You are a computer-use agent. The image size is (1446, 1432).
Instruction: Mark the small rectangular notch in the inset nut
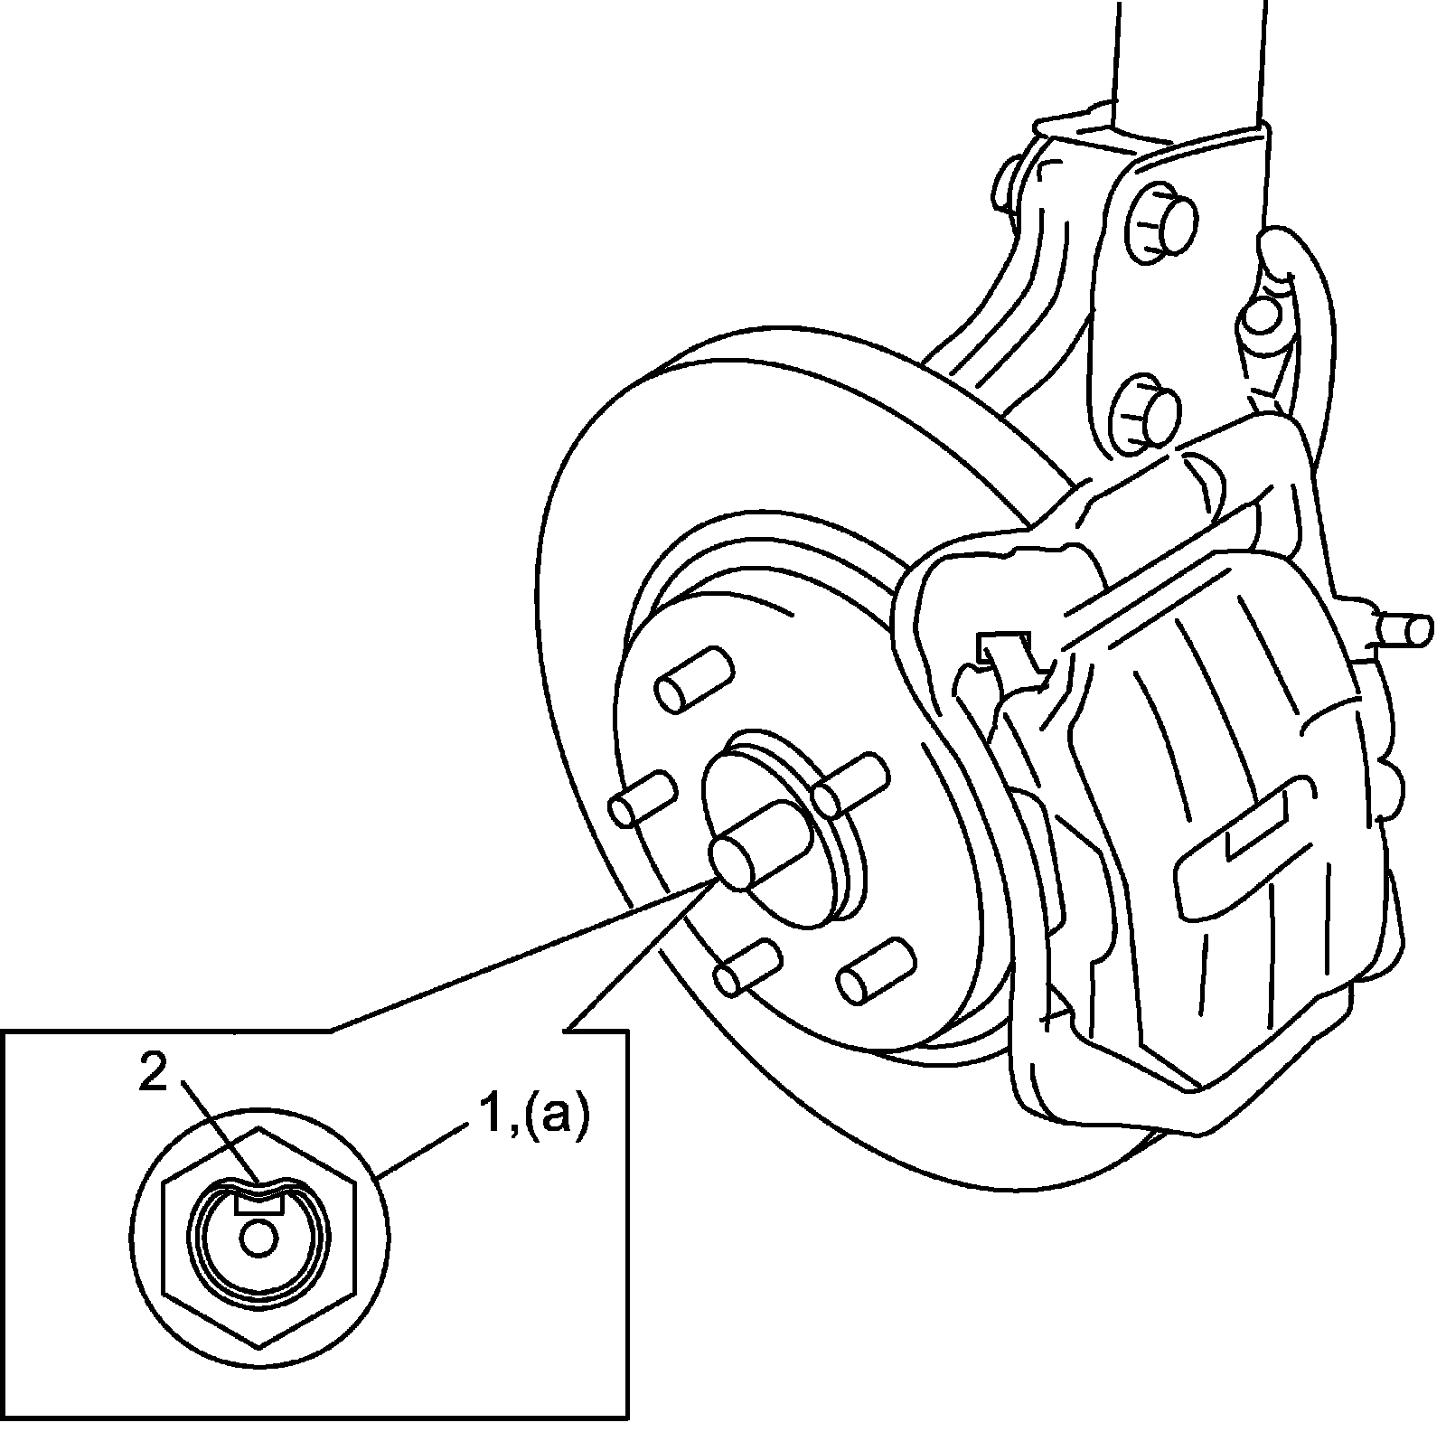[259, 1201]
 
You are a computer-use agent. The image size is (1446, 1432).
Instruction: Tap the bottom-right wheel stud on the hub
[873, 971]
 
